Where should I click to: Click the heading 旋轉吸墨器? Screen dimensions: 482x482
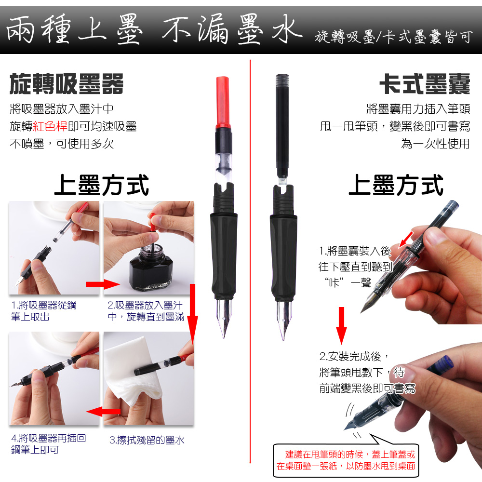tap(67, 83)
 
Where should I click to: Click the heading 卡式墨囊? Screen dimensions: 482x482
tap(425, 83)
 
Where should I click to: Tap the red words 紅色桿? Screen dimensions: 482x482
tap(50, 126)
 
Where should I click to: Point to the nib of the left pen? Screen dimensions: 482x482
tap(224, 318)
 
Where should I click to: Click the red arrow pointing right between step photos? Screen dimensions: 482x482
tap(103, 284)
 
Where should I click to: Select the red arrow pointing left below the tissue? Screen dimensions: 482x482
tap(103, 411)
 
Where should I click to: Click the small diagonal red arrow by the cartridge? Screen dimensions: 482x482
tap(406, 240)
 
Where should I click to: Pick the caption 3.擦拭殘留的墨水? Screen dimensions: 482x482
tap(147, 440)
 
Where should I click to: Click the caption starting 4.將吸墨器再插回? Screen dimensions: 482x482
tap(49, 444)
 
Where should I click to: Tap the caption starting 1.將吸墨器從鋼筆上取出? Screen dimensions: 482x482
tap(44, 311)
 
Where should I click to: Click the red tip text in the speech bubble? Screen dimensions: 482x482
tap(346, 460)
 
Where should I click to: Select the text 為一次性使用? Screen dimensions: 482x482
tap(435, 144)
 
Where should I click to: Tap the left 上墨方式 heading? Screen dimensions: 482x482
tap(101, 185)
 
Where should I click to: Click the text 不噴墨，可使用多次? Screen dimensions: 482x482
tap(62, 144)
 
